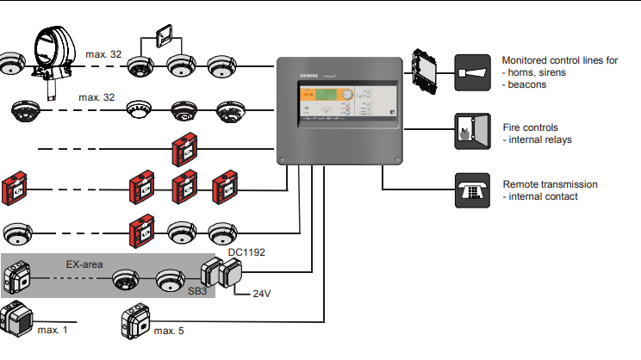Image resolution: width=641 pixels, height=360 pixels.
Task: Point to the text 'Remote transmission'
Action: click(x=550, y=184)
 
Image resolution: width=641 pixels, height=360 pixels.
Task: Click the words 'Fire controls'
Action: click(x=530, y=127)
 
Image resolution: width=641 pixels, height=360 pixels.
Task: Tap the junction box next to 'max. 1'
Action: click(x=16, y=318)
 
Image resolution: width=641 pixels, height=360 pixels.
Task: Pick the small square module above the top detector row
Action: click(x=164, y=37)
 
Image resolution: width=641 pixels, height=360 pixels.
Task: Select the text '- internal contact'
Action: click(x=543, y=196)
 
